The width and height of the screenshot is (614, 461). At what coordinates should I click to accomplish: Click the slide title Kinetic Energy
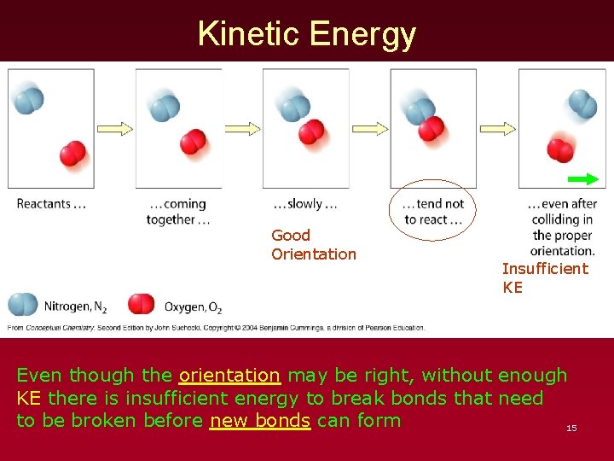click(307, 34)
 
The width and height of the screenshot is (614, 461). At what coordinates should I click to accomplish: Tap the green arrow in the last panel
click(583, 179)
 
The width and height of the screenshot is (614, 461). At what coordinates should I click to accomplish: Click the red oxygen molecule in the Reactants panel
click(73, 153)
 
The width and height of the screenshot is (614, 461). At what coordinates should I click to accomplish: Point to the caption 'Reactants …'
click(51, 204)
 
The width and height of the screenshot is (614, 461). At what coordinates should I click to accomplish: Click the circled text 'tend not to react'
click(434, 212)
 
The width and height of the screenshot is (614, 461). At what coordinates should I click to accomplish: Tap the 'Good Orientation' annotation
click(313, 244)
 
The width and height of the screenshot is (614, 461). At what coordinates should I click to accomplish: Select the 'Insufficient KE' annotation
click(544, 278)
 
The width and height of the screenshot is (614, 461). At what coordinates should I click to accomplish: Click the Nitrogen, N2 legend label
click(75, 306)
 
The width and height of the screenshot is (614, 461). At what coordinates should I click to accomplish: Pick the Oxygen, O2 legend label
click(193, 306)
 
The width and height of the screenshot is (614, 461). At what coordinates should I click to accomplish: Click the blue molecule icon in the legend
click(23, 304)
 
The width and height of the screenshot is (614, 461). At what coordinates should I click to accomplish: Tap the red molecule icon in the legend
click(141, 304)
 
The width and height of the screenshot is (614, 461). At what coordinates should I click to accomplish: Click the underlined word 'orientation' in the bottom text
click(229, 375)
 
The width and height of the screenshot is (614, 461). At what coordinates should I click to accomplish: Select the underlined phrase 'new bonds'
click(259, 420)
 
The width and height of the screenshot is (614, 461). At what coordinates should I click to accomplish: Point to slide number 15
click(571, 428)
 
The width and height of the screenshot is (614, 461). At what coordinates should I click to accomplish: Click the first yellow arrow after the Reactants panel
click(114, 129)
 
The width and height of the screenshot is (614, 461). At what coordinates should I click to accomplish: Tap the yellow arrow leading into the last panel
click(497, 129)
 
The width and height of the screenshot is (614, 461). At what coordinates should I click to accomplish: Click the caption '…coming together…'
click(177, 212)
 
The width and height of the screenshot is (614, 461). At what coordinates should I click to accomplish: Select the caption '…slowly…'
click(305, 204)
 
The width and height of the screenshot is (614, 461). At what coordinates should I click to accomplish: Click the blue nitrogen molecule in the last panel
click(582, 105)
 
